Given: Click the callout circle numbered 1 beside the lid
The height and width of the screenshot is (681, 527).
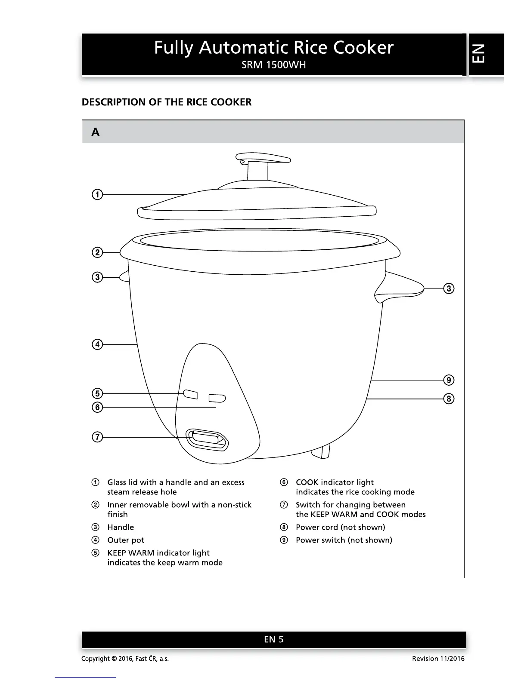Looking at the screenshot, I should coord(98,195).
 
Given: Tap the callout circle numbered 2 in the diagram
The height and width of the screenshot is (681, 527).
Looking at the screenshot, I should coord(98,252).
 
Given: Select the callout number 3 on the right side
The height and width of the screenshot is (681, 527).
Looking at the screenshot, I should coord(449,288).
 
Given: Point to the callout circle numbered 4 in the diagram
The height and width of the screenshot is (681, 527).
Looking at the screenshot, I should coord(98,344).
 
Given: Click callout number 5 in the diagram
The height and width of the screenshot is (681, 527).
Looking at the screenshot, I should coord(98,393).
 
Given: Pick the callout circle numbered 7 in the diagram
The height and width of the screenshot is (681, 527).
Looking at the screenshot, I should coord(98,437).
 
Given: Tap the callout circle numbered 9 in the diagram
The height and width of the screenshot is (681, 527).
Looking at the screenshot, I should coord(449,380).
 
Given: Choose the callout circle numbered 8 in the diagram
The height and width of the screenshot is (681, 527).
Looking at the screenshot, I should coord(449,399).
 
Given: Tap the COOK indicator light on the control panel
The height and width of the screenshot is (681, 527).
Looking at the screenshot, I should coord(217,399).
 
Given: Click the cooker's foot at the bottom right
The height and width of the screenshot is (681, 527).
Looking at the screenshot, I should coord(322,451).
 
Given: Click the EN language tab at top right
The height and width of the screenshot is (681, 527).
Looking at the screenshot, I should coord(486,54).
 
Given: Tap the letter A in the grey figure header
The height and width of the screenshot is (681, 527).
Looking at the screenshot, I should coord(96,132).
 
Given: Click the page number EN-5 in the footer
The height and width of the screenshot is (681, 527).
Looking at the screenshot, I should coord(274,639).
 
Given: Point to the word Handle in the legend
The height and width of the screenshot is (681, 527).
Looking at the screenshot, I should coord(121,527).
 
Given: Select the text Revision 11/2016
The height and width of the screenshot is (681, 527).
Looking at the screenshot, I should coord(438,659).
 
